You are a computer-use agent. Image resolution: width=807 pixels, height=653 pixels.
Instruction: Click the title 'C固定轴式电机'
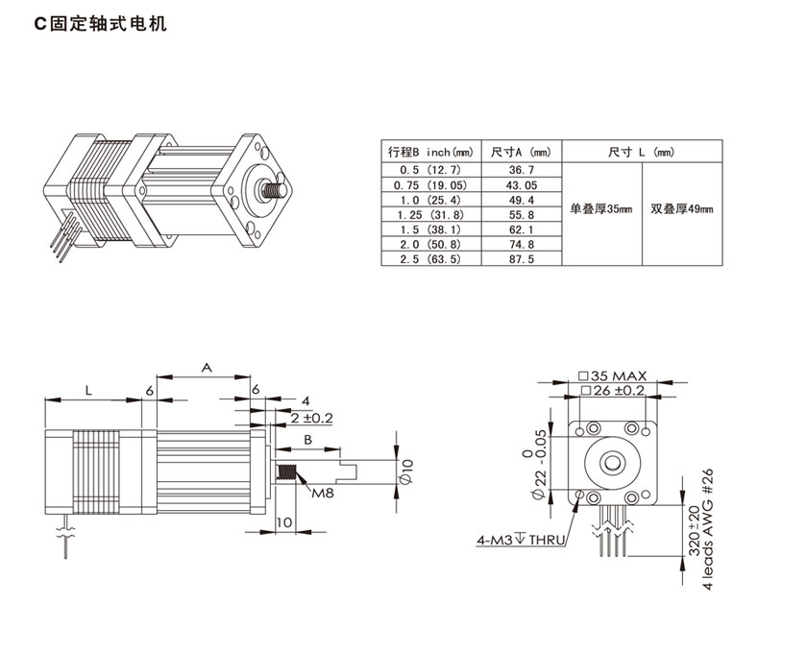point(101,24)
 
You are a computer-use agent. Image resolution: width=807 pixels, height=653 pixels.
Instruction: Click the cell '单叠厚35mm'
point(601,207)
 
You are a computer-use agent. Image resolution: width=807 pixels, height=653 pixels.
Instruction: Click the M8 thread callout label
point(323,494)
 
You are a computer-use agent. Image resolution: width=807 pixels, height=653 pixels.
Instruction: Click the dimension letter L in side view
point(87,390)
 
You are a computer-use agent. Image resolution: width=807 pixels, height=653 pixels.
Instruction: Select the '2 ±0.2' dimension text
point(310,419)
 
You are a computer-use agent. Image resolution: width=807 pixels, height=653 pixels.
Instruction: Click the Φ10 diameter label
point(407,470)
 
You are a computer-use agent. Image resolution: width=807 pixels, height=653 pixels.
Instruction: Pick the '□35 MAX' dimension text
point(614,375)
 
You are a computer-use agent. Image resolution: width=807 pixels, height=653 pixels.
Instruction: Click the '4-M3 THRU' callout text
point(518,539)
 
